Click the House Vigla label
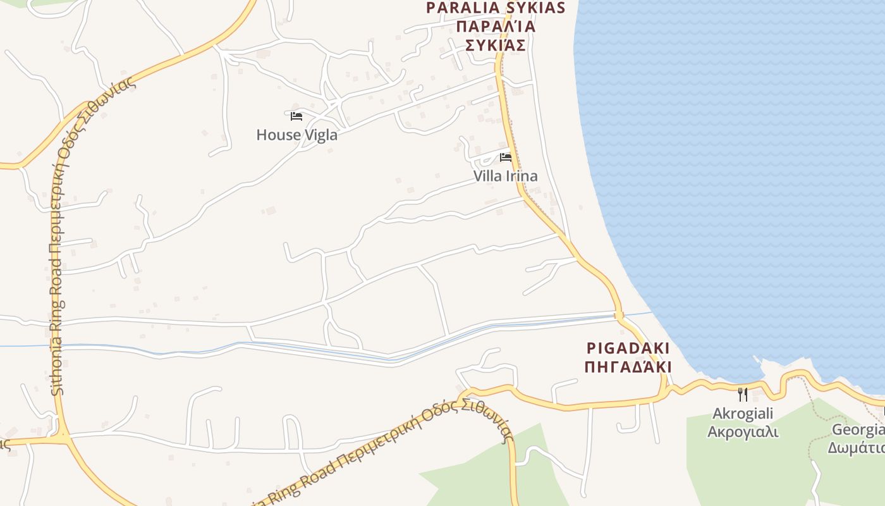(296, 135)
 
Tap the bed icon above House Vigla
(296, 116)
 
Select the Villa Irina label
(506, 176)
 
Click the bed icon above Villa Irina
(506, 157)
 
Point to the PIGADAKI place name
(628, 349)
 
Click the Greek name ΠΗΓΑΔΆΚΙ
(628, 367)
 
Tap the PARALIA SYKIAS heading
(495, 8)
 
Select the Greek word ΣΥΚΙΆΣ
(496, 45)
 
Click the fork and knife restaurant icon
(743, 395)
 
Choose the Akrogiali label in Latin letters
(743, 414)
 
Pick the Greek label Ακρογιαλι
(743, 432)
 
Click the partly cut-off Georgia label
(858, 430)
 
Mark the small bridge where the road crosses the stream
(618, 315)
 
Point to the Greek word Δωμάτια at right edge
(857, 448)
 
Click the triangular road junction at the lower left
(62, 437)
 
